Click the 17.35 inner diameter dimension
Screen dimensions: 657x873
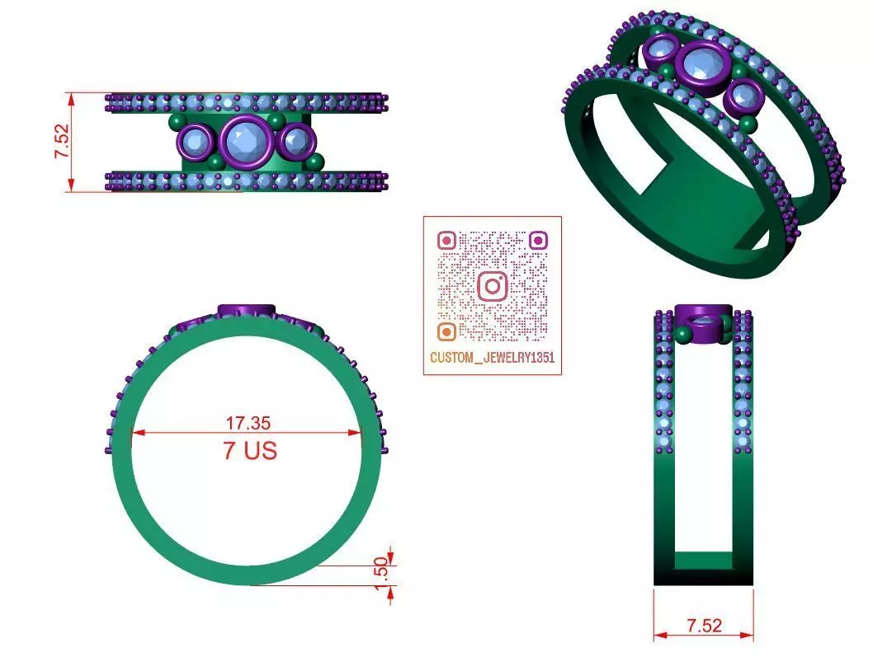pyautogui.click(x=248, y=423)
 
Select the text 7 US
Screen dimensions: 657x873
pyautogui.click(x=249, y=451)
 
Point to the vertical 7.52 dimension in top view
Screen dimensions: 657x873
pyautogui.click(x=63, y=142)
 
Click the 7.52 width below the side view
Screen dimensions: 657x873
pyautogui.click(x=703, y=626)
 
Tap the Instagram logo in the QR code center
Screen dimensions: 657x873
pyautogui.click(x=493, y=286)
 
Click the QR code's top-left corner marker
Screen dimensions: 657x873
pyautogui.click(x=446, y=241)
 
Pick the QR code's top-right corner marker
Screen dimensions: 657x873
pyautogui.click(x=538, y=241)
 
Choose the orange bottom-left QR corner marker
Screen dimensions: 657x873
pyautogui.click(x=446, y=331)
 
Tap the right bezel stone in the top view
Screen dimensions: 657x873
pyautogui.click(x=294, y=141)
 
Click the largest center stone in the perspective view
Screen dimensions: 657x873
pyautogui.click(x=702, y=62)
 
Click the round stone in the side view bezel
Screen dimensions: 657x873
pyautogui.click(x=703, y=324)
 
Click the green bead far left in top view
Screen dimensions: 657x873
pyautogui.click(x=174, y=123)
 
